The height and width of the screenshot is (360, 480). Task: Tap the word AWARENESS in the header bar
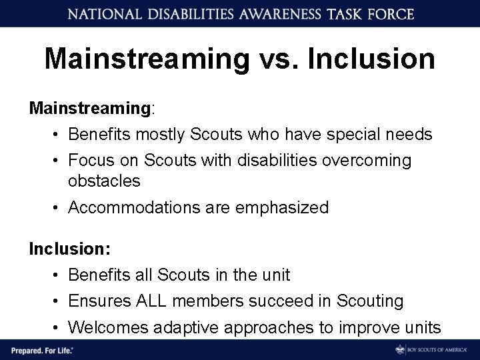[x=267, y=13]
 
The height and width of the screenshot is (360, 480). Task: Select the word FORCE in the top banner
[x=389, y=13]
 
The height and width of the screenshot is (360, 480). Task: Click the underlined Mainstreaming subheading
[x=90, y=107]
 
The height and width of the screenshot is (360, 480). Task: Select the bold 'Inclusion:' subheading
[x=69, y=249]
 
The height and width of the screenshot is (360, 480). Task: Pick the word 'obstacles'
[x=104, y=181]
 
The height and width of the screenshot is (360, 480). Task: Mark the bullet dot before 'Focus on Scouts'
[x=56, y=161]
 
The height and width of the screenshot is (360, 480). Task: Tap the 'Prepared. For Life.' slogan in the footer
[x=41, y=349]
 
